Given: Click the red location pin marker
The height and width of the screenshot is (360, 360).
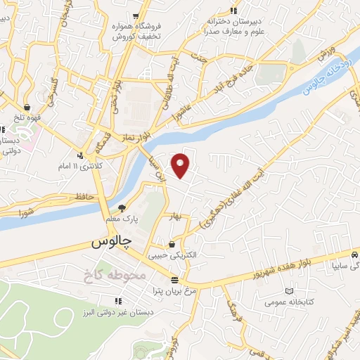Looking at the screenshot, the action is tap(182, 165).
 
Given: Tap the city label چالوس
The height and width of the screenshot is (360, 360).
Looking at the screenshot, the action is tap(112, 243).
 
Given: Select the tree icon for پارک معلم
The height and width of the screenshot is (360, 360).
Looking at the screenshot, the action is tap(122, 208).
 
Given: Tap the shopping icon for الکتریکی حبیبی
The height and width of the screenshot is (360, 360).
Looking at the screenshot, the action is tap(172, 245).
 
